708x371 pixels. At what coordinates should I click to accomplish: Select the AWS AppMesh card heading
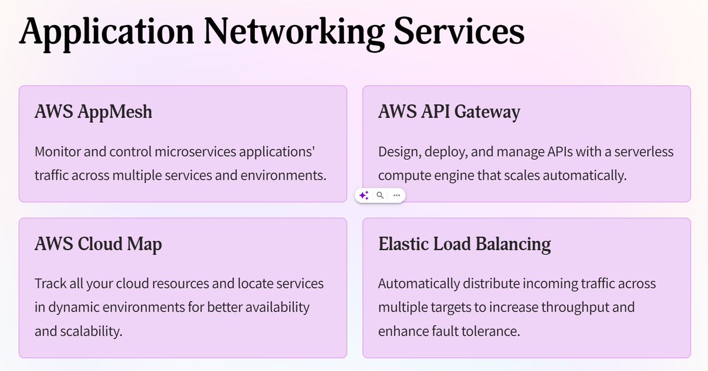(x=93, y=111)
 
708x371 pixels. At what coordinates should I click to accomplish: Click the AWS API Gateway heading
(x=449, y=111)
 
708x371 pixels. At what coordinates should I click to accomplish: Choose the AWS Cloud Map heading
(x=98, y=244)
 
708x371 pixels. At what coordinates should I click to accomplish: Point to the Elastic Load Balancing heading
(x=464, y=244)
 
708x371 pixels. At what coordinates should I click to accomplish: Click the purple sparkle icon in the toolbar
(x=364, y=195)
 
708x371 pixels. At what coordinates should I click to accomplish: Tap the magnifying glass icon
(x=381, y=195)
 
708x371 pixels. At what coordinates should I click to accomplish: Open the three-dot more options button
(x=396, y=195)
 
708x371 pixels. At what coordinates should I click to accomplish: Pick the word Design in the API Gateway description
(x=397, y=152)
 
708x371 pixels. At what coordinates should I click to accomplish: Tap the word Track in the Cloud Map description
(x=50, y=284)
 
